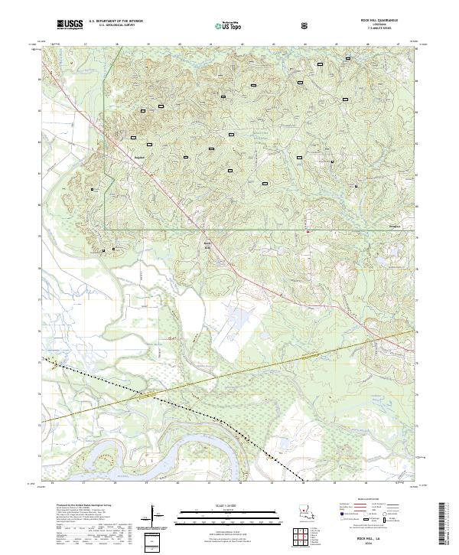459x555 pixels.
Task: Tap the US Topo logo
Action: pos(220,24)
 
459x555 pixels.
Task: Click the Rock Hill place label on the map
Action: pos(206,246)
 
